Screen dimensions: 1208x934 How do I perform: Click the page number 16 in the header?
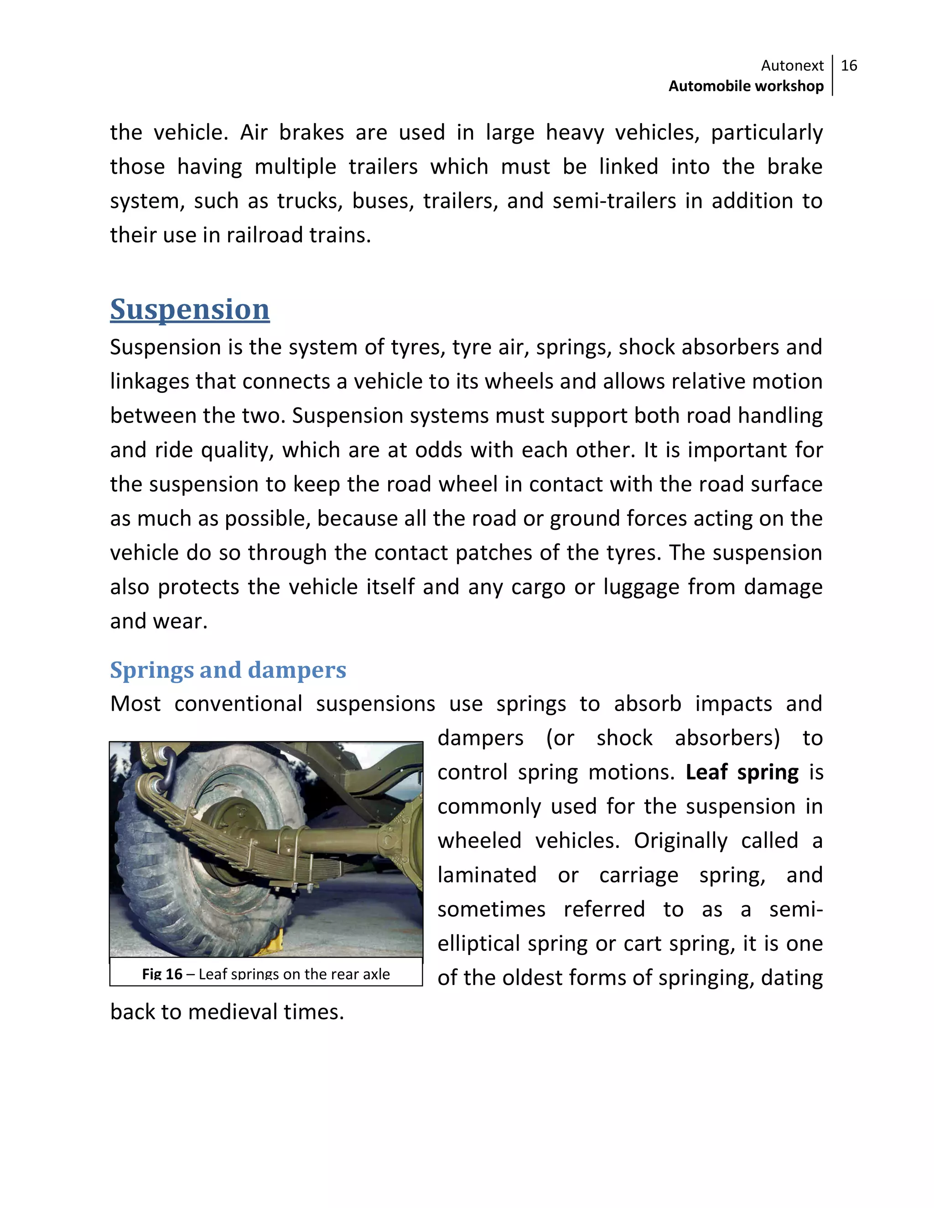pyautogui.click(x=849, y=66)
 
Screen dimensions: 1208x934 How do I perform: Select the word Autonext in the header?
pyautogui.click(x=792, y=66)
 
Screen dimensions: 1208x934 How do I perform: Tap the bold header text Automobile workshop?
pyautogui.click(x=746, y=86)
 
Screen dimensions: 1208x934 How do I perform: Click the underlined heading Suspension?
pyautogui.click(x=190, y=309)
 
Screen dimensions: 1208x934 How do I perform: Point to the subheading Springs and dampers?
pyautogui.click(x=228, y=670)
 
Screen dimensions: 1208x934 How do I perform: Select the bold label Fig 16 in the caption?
pyautogui.click(x=161, y=974)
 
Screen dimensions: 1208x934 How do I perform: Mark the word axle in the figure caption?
pyautogui.click(x=376, y=974)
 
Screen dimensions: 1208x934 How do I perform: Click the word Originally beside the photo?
pyautogui.click(x=680, y=841)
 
